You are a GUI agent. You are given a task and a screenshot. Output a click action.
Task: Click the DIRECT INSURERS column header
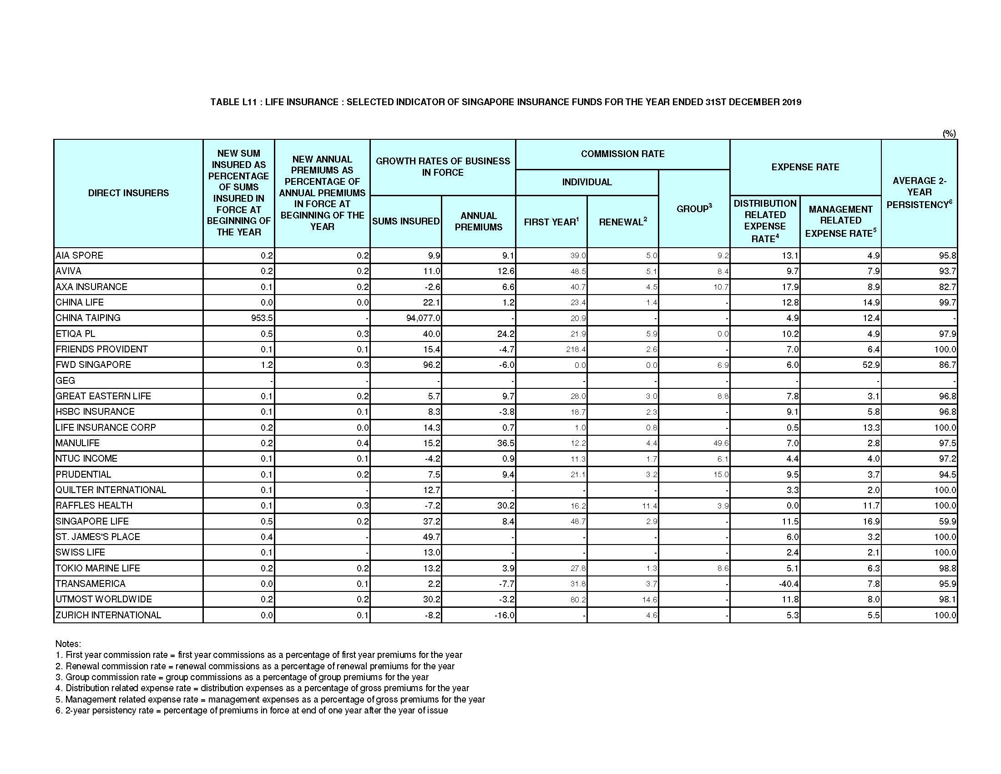click(128, 193)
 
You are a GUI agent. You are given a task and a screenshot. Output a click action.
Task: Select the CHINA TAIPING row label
click(88, 318)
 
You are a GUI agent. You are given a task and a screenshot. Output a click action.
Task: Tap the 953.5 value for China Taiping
click(262, 318)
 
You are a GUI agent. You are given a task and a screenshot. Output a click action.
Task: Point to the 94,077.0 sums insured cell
click(423, 318)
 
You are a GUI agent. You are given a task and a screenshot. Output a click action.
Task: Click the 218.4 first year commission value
click(576, 349)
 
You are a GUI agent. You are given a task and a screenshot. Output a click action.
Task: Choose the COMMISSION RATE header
click(622, 154)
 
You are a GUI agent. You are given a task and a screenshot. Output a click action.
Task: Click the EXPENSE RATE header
click(805, 168)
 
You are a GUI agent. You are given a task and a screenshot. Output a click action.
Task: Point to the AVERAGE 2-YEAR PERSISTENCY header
click(919, 193)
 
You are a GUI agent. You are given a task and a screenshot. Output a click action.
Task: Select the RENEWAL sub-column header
click(622, 222)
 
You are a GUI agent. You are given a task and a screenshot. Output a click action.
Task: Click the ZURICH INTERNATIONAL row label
click(108, 616)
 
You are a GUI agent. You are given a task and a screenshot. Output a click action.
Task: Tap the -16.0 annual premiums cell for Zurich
click(504, 616)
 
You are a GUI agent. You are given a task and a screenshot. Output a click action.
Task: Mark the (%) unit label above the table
click(949, 133)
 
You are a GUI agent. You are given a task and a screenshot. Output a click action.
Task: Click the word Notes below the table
click(68, 644)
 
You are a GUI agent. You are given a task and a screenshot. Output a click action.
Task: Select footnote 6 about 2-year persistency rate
click(252, 711)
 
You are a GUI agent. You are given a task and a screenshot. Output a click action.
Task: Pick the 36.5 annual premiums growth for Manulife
click(506, 443)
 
